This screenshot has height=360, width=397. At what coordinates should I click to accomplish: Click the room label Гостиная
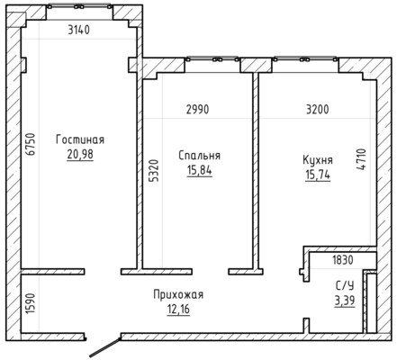tap(80, 139)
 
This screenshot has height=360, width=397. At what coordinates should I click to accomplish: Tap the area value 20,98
tap(80, 154)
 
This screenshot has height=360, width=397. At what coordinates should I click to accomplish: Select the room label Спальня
tap(200, 156)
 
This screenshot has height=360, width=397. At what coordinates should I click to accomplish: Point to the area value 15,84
tap(200, 170)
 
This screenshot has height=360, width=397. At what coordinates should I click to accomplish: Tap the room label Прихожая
tap(178, 294)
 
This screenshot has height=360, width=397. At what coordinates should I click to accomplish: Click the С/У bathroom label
tap(344, 285)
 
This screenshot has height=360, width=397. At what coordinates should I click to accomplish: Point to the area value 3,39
tap(344, 300)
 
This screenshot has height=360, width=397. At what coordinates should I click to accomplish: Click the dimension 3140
tap(82, 31)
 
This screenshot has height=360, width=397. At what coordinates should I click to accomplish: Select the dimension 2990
tap(199, 109)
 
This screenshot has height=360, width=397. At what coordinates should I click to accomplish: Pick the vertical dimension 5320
tap(153, 170)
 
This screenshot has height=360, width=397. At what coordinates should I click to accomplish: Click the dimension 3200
tap(317, 109)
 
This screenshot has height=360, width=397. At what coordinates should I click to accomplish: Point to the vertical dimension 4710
tap(362, 159)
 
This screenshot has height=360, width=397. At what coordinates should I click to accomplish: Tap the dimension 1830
tap(343, 260)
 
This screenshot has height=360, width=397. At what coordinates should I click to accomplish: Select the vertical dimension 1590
tap(29, 301)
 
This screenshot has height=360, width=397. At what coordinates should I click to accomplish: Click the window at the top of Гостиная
tap(81, 13)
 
